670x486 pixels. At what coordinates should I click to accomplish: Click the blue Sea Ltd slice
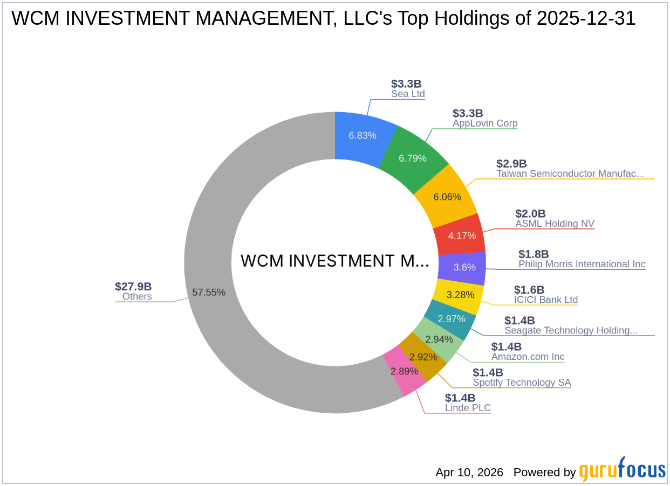[362, 135]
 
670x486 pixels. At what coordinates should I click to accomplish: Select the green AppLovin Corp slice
[413, 158]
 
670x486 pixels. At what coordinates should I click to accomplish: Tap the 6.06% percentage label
[447, 197]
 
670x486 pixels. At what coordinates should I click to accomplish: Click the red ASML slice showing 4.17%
[462, 235]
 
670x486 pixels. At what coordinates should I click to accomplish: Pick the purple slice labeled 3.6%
[464, 267]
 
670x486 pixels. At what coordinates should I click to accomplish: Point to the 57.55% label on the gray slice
[209, 292]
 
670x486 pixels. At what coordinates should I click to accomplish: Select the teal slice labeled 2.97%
[452, 318]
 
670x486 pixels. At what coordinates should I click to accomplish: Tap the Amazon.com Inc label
[528, 357]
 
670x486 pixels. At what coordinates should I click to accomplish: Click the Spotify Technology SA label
[522, 383]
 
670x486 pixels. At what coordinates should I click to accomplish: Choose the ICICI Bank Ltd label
[545, 300]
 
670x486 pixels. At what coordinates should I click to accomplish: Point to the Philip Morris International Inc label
[582, 264]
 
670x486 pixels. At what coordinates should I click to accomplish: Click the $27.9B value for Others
[133, 287]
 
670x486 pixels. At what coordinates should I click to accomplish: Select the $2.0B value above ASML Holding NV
[530, 214]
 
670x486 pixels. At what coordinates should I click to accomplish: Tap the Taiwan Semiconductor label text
[570, 173]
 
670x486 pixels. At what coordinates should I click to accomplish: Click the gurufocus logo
[622, 470]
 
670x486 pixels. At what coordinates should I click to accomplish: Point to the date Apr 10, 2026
[469, 473]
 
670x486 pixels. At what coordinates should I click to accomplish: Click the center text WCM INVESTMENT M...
[334, 261]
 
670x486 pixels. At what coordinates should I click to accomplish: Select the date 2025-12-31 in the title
[586, 19]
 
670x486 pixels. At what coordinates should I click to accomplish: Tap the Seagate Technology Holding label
[571, 330]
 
